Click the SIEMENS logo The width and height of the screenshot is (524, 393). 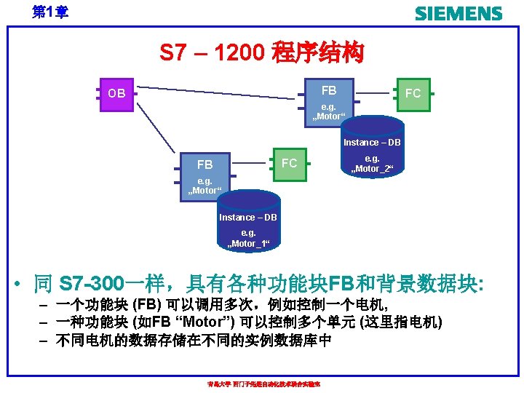(x=458, y=14)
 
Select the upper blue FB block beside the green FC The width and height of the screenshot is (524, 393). (x=329, y=90)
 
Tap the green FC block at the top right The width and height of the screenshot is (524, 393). (x=413, y=93)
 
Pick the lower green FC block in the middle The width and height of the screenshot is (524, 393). (x=289, y=163)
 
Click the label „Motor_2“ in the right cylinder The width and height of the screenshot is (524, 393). (x=372, y=169)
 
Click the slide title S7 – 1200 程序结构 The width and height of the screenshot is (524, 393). (x=261, y=53)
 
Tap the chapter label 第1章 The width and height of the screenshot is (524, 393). (x=50, y=12)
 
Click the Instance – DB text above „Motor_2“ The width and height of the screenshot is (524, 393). (x=372, y=142)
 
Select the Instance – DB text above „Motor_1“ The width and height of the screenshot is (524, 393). (x=248, y=217)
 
